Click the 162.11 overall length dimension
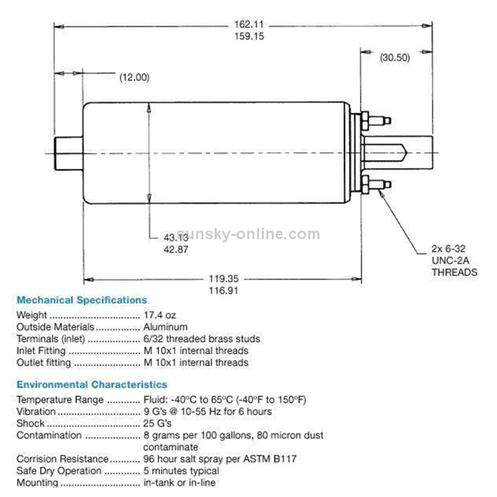click(x=248, y=25)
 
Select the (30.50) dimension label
click(x=395, y=58)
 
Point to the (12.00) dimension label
click(x=135, y=78)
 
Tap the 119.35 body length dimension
click(x=223, y=278)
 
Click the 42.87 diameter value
click(x=176, y=249)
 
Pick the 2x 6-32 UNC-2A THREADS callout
click(x=454, y=260)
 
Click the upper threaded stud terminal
click(x=376, y=121)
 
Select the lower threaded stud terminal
click(x=376, y=184)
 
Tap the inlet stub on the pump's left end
click(x=68, y=154)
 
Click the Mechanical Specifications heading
click(x=82, y=300)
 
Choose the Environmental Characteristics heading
click(x=92, y=384)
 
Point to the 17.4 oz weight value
click(x=160, y=315)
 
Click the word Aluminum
click(x=166, y=327)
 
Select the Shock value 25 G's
click(x=158, y=423)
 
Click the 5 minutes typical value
click(x=182, y=470)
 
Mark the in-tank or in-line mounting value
click(x=180, y=482)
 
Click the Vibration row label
click(x=36, y=412)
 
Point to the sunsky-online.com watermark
click(x=248, y=234)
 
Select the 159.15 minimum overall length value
click(x=249, y=36)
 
